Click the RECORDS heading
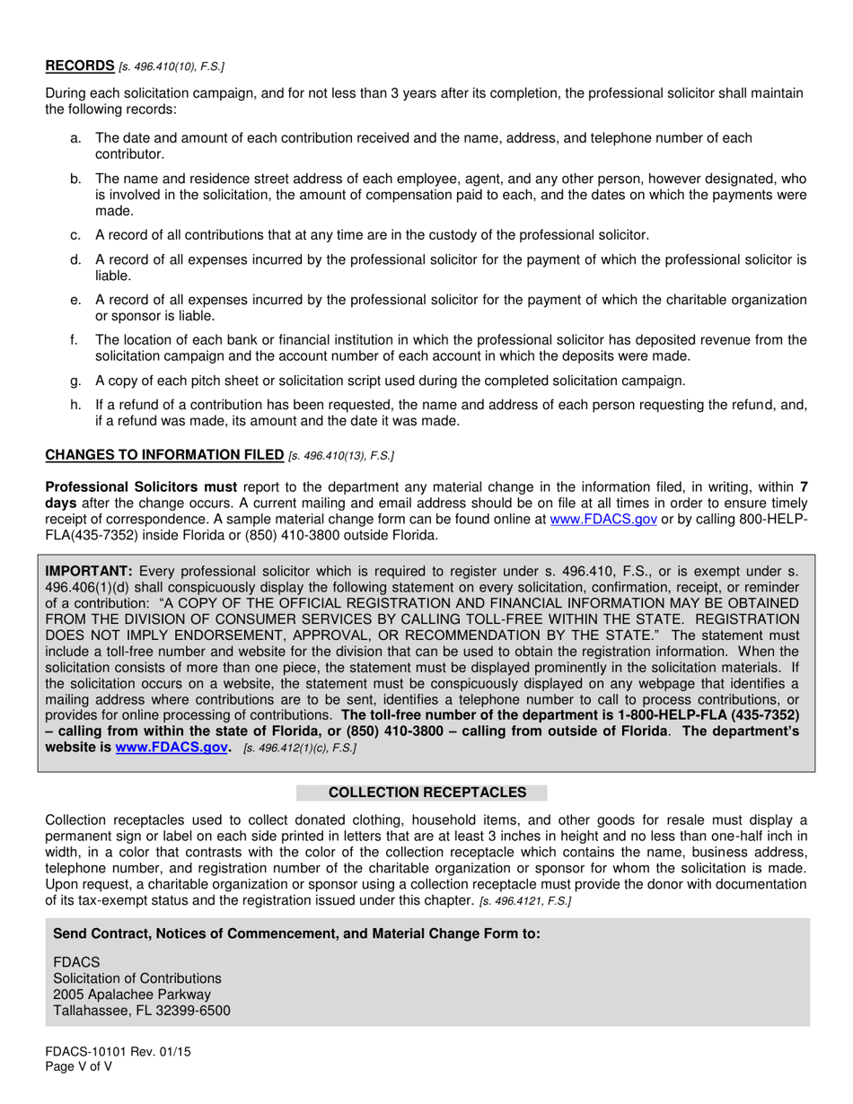click(79, 66)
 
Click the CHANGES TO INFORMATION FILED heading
click(164, 455)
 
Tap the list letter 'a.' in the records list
click(75, 138)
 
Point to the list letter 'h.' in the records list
click(75, 406)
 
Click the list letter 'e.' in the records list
click(75, 300)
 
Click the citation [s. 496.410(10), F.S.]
click(171, 67)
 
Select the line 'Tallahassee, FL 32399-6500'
click(141, 1011)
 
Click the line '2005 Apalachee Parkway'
click(132, 994)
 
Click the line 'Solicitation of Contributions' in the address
click(136, 978)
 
